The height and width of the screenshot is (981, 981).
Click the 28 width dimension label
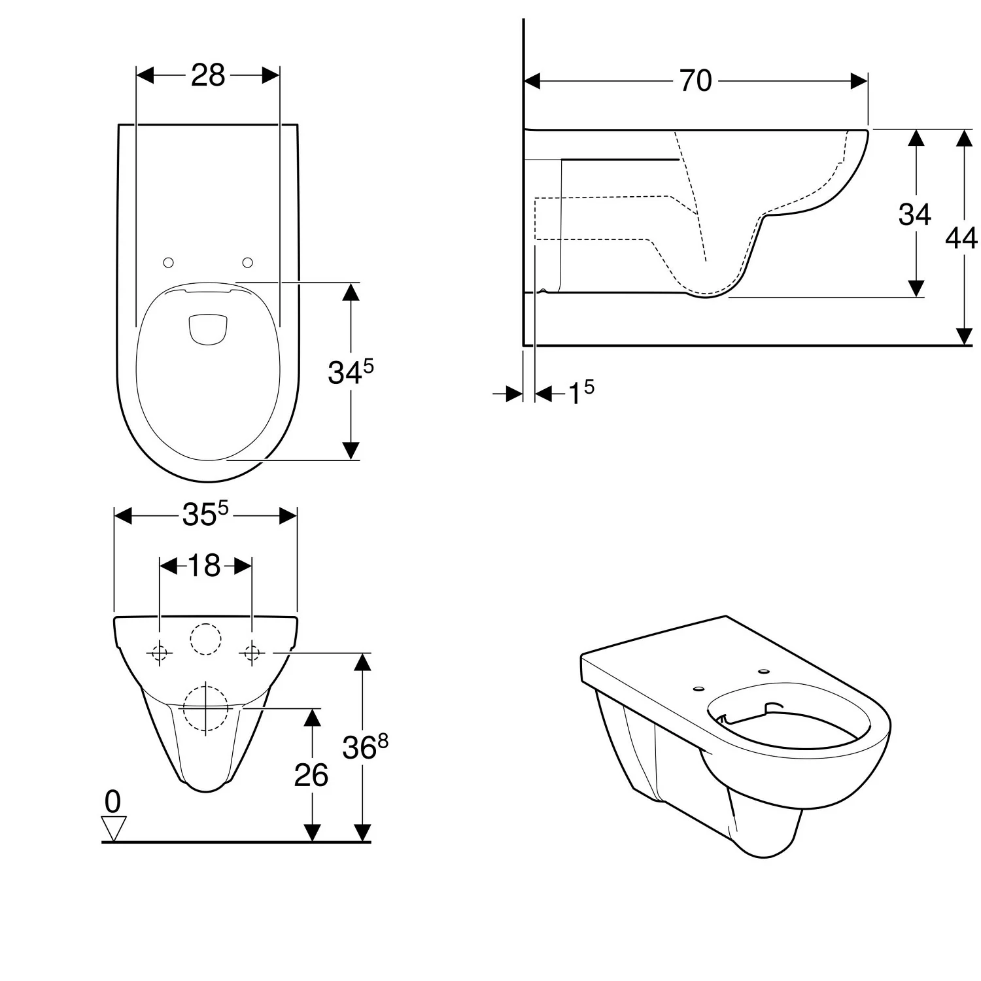(x=208, y=75)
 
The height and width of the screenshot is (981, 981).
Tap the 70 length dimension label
(x=695, y=81)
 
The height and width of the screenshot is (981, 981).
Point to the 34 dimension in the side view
(x=914, y=214)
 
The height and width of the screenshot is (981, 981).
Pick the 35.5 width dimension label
(x=205, y=514)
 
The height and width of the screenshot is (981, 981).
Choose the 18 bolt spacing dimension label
(x=204, y=566)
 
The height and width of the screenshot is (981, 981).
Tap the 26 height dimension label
(x=311, y=775)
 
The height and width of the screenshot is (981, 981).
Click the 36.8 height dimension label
(x=365, y=746)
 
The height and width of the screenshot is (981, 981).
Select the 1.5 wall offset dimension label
(x=581, y=392)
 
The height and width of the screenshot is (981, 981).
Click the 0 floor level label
(x=112, y=802)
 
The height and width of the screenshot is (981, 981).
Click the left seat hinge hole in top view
(x=168, y=262)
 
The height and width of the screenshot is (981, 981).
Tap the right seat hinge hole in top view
(x=247, y=262)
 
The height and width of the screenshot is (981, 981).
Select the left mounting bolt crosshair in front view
(x=160, y=653)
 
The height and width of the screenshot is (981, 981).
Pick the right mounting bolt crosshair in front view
(x=252, y=653)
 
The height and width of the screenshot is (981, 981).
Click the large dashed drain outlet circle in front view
(x=205, y=684)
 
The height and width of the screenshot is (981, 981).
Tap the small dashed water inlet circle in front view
(x=206, y=623)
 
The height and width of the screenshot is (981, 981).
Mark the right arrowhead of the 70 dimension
(x=859, y=81)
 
